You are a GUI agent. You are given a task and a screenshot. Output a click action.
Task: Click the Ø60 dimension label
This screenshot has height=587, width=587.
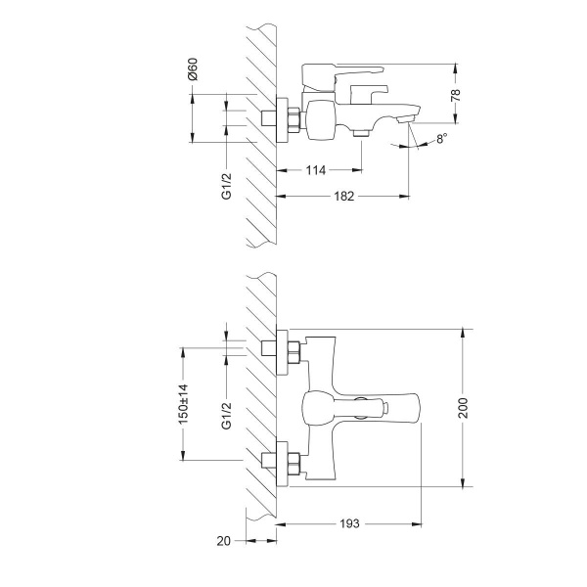193,70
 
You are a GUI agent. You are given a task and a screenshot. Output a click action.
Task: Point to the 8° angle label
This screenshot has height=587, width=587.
441,139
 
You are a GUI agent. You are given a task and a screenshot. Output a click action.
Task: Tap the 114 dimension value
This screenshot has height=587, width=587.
316,171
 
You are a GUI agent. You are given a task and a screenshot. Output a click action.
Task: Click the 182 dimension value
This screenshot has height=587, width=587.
343,197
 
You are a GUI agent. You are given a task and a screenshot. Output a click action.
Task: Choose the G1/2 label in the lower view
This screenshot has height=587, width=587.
226,414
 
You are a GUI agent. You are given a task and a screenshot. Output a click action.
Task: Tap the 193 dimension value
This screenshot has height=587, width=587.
349,523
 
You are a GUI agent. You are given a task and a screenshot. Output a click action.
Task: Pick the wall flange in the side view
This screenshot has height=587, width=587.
290,118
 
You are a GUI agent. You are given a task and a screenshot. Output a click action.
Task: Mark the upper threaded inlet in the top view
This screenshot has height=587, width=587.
270,350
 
